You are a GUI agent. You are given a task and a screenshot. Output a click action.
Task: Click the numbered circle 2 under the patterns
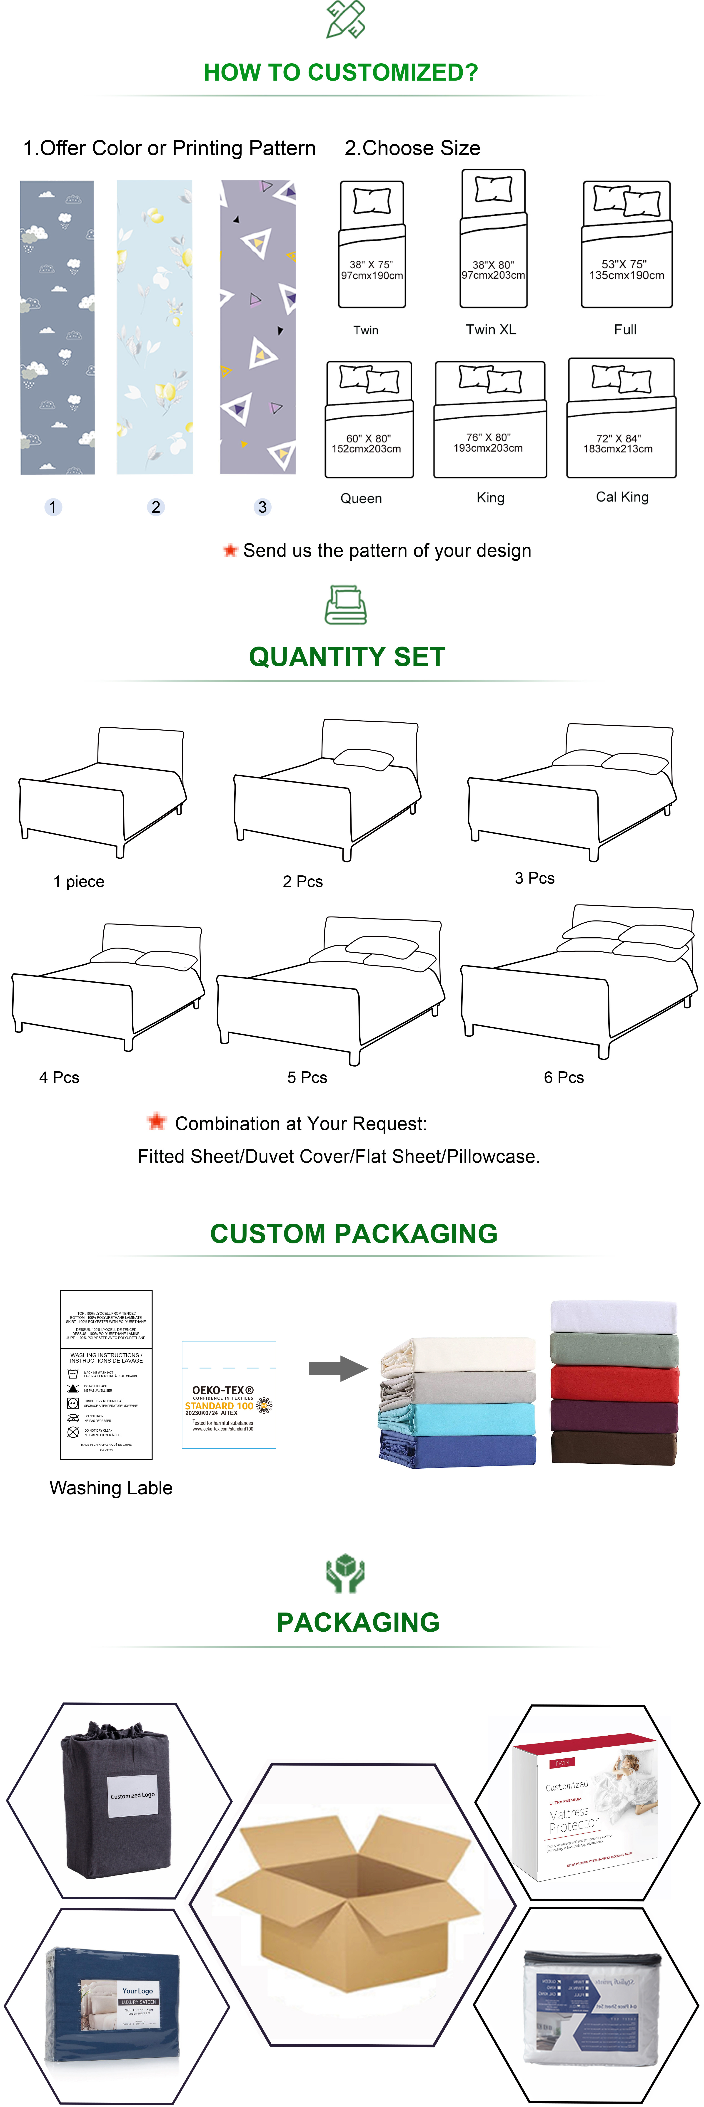click(x=155, y=507)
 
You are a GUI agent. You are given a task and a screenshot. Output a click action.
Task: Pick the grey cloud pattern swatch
click(x=57, y=327)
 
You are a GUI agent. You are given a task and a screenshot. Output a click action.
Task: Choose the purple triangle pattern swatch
click(x=257, y=327)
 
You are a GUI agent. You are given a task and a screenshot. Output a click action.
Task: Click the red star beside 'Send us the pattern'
click(x=230, y=551)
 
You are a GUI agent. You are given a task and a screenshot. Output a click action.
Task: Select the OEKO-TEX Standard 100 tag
click(x=228, y=1395)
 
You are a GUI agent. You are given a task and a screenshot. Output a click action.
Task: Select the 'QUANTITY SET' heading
click(x=347, y=657)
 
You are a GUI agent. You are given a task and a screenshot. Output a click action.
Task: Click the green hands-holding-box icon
click(x=345, y=1575)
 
